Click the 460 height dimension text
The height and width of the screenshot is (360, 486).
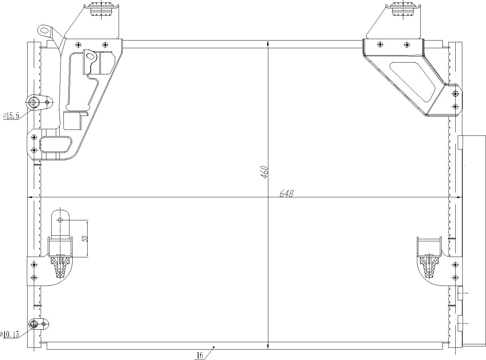(264, 172)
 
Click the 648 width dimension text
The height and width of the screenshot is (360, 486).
(286, 193)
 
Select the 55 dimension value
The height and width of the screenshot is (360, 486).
(84, 238)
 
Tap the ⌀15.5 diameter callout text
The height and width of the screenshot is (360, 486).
(11, 116)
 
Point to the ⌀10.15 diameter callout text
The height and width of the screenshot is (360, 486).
(10, 335)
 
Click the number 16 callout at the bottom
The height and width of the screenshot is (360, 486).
(200, 355)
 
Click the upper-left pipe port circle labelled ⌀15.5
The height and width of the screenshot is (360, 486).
(33, 102)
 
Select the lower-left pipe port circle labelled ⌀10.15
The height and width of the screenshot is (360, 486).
(34, 324)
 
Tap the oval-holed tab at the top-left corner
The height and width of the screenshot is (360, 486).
(45, 30)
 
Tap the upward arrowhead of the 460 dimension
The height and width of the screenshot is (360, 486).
(268, 43)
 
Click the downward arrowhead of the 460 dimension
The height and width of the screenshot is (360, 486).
(268, 346)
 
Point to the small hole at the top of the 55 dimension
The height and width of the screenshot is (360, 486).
(60, 220)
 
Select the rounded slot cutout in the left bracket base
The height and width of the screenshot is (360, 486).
(56, 145)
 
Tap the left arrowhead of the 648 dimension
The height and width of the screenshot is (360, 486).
(30, 197)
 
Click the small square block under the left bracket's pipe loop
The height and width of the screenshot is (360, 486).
(72, 121)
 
